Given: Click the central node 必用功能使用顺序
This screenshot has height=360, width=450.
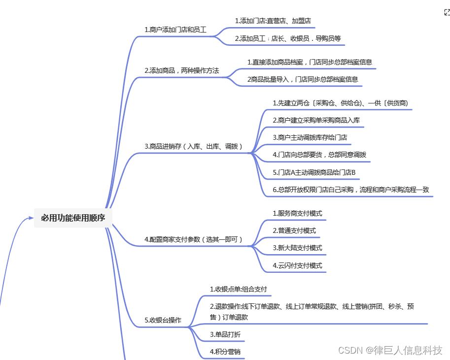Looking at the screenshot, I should (x=73, y=218).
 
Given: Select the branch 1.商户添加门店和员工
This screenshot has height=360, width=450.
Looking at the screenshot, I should (x=175, y=30).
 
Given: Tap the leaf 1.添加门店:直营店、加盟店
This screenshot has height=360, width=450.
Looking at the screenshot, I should (x=273, y=21).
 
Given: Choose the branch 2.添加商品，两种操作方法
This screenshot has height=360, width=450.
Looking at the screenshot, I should (x=181, y=71).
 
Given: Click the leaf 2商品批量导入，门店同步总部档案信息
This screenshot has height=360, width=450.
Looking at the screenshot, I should (x=302, y=79).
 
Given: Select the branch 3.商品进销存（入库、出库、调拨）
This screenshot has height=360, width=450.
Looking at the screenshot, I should (x=194, y=146).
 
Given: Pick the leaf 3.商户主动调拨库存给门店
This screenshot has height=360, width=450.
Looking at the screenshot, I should (x=310, y=137).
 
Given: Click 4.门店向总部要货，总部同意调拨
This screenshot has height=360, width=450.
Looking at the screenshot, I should (x=319, y=155).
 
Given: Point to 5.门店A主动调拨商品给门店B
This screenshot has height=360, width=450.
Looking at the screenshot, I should (x=314, y=173).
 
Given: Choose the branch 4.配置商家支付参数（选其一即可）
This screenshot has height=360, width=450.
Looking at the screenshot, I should (x=194, y=239).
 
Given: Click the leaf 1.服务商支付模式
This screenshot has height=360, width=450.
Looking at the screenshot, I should (x=297, y=213).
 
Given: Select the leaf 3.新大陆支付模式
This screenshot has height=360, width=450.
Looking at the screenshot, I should (x=297, y=248).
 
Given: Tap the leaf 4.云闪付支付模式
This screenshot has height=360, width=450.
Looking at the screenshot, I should (x=297, y=265).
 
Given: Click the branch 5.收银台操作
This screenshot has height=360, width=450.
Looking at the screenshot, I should (x=163, y=320).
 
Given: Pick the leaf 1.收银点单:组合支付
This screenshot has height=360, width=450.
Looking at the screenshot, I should (x=238, y=289).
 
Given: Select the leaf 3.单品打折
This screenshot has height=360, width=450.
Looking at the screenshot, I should (x=225, y=335).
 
